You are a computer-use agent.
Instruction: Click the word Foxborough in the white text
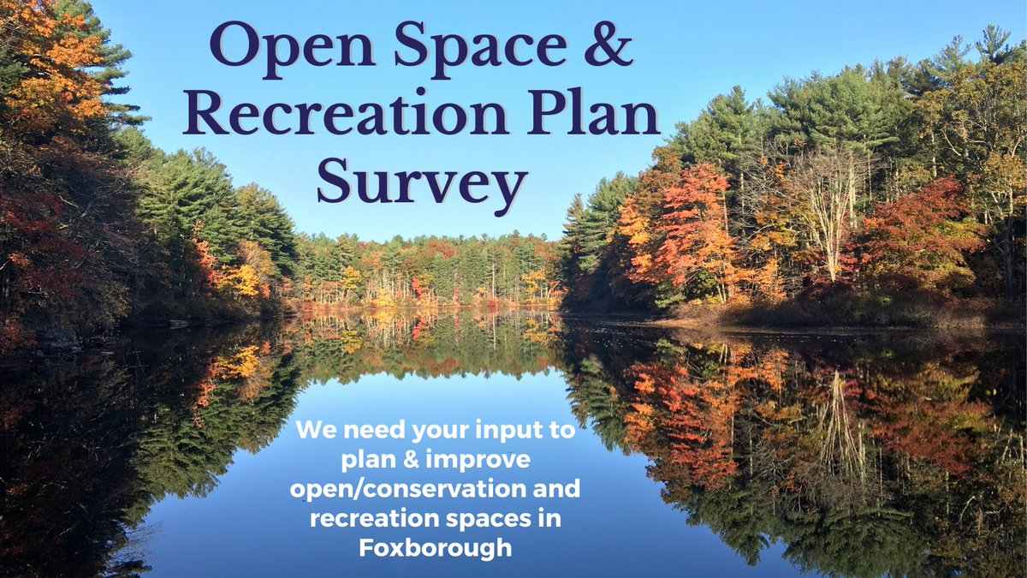click(x=436, y=546)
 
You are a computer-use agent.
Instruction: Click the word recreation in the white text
click(x=379, y=517)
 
